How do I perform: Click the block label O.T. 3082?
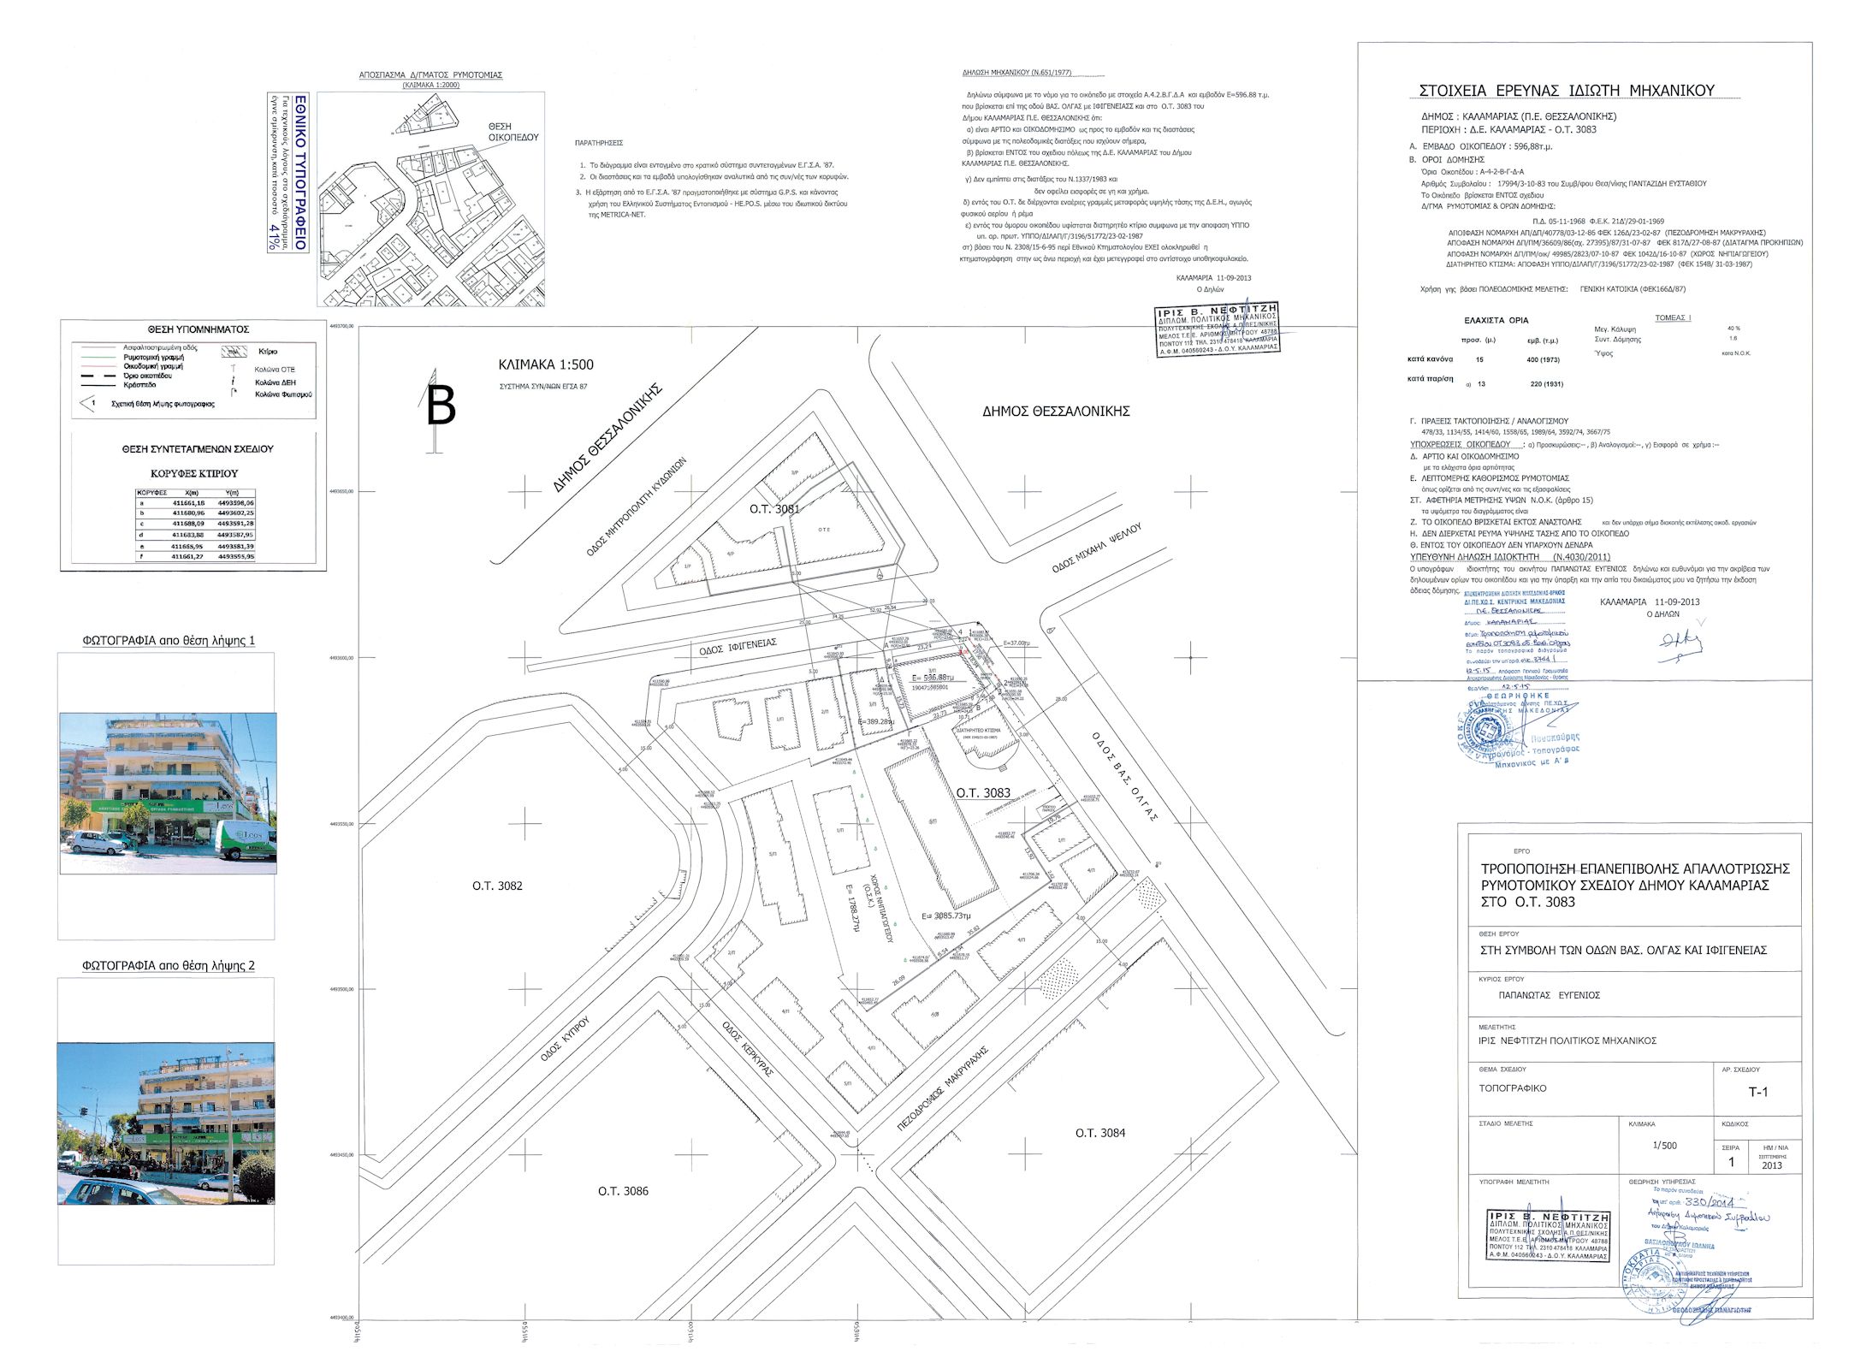497,886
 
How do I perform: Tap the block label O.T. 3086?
623,1190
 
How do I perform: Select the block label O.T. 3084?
1100,1133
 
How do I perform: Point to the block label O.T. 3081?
774,509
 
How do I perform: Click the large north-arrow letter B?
441,406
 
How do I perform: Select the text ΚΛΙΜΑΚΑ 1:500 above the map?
546,364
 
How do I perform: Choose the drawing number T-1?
1757,1092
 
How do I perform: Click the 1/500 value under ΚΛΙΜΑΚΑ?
1664,1145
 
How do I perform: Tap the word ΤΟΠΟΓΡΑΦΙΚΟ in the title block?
1513,1088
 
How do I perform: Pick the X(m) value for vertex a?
188,503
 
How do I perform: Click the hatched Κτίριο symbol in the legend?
234,352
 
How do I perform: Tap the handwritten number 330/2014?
1704,1202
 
